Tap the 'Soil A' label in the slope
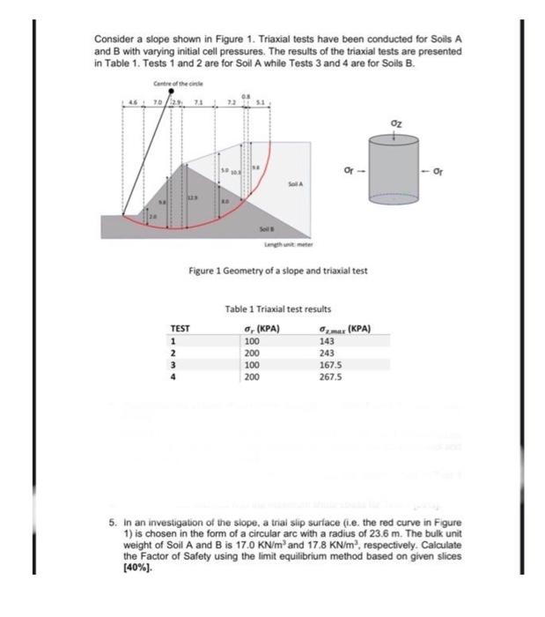coord(295,183)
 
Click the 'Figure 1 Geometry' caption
coord(278,271)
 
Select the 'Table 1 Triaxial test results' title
coord(277,309)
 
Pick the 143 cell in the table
coord(327,340)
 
